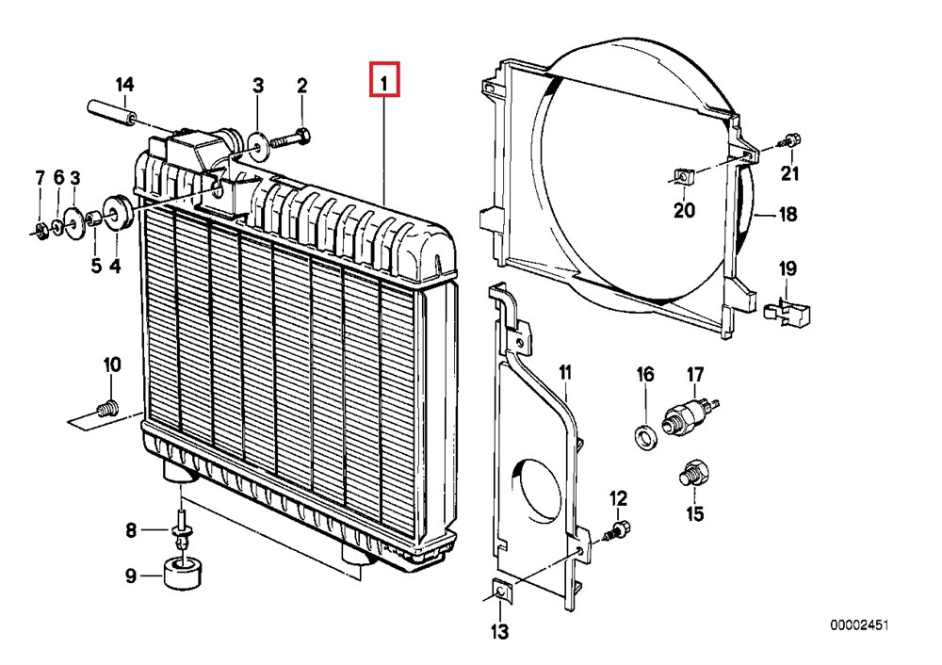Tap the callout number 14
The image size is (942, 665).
tap(125, 86)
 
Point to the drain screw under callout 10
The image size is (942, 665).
tap(107, 409)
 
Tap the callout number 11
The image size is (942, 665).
tap(564, 375)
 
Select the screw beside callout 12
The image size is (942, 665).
tap(618, 530)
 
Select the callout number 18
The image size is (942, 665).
tap(788, 214)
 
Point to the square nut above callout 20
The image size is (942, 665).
tap(683, 175)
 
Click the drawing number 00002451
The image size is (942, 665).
tap(859, 624)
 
